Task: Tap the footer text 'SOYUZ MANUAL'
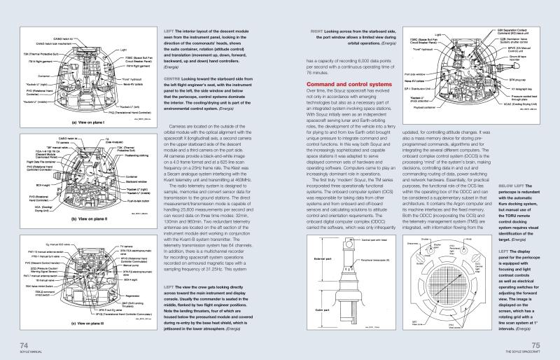[28, 352]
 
